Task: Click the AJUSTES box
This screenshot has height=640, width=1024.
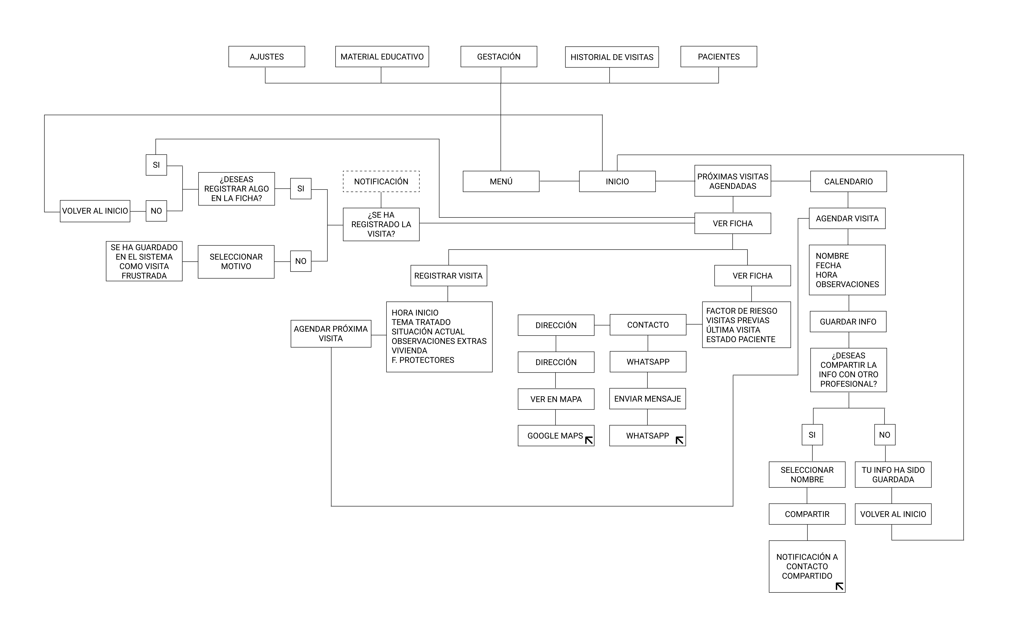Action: [x=267, y=57]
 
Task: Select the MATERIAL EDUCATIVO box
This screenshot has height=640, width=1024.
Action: [x=382, y=57]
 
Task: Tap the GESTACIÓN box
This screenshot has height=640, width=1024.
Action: [x=499, y=57]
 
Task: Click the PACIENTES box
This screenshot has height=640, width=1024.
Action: [x=719, y=57]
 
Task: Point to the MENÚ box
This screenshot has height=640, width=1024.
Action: [x=501, y=182]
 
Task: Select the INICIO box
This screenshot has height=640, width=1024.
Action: [x=617, y=182]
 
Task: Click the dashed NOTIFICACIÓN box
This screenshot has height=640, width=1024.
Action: [x=381, y=182]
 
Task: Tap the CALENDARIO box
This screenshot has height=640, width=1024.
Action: [x=848, y=182]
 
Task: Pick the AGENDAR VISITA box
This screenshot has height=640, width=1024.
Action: [x=847, y=218]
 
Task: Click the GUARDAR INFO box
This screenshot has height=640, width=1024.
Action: [x=848, y=322]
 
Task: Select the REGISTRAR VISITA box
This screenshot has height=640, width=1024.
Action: [x=449, y=276]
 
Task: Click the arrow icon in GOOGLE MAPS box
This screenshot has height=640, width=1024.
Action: [x=589, y=440]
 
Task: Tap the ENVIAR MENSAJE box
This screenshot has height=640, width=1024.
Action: [x=647, y=399]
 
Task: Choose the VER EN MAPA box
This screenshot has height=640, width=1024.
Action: [x=556, y=399]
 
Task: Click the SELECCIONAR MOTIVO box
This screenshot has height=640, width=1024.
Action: [x=236, y=262]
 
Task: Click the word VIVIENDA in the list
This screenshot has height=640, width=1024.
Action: [x=409, y=351]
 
